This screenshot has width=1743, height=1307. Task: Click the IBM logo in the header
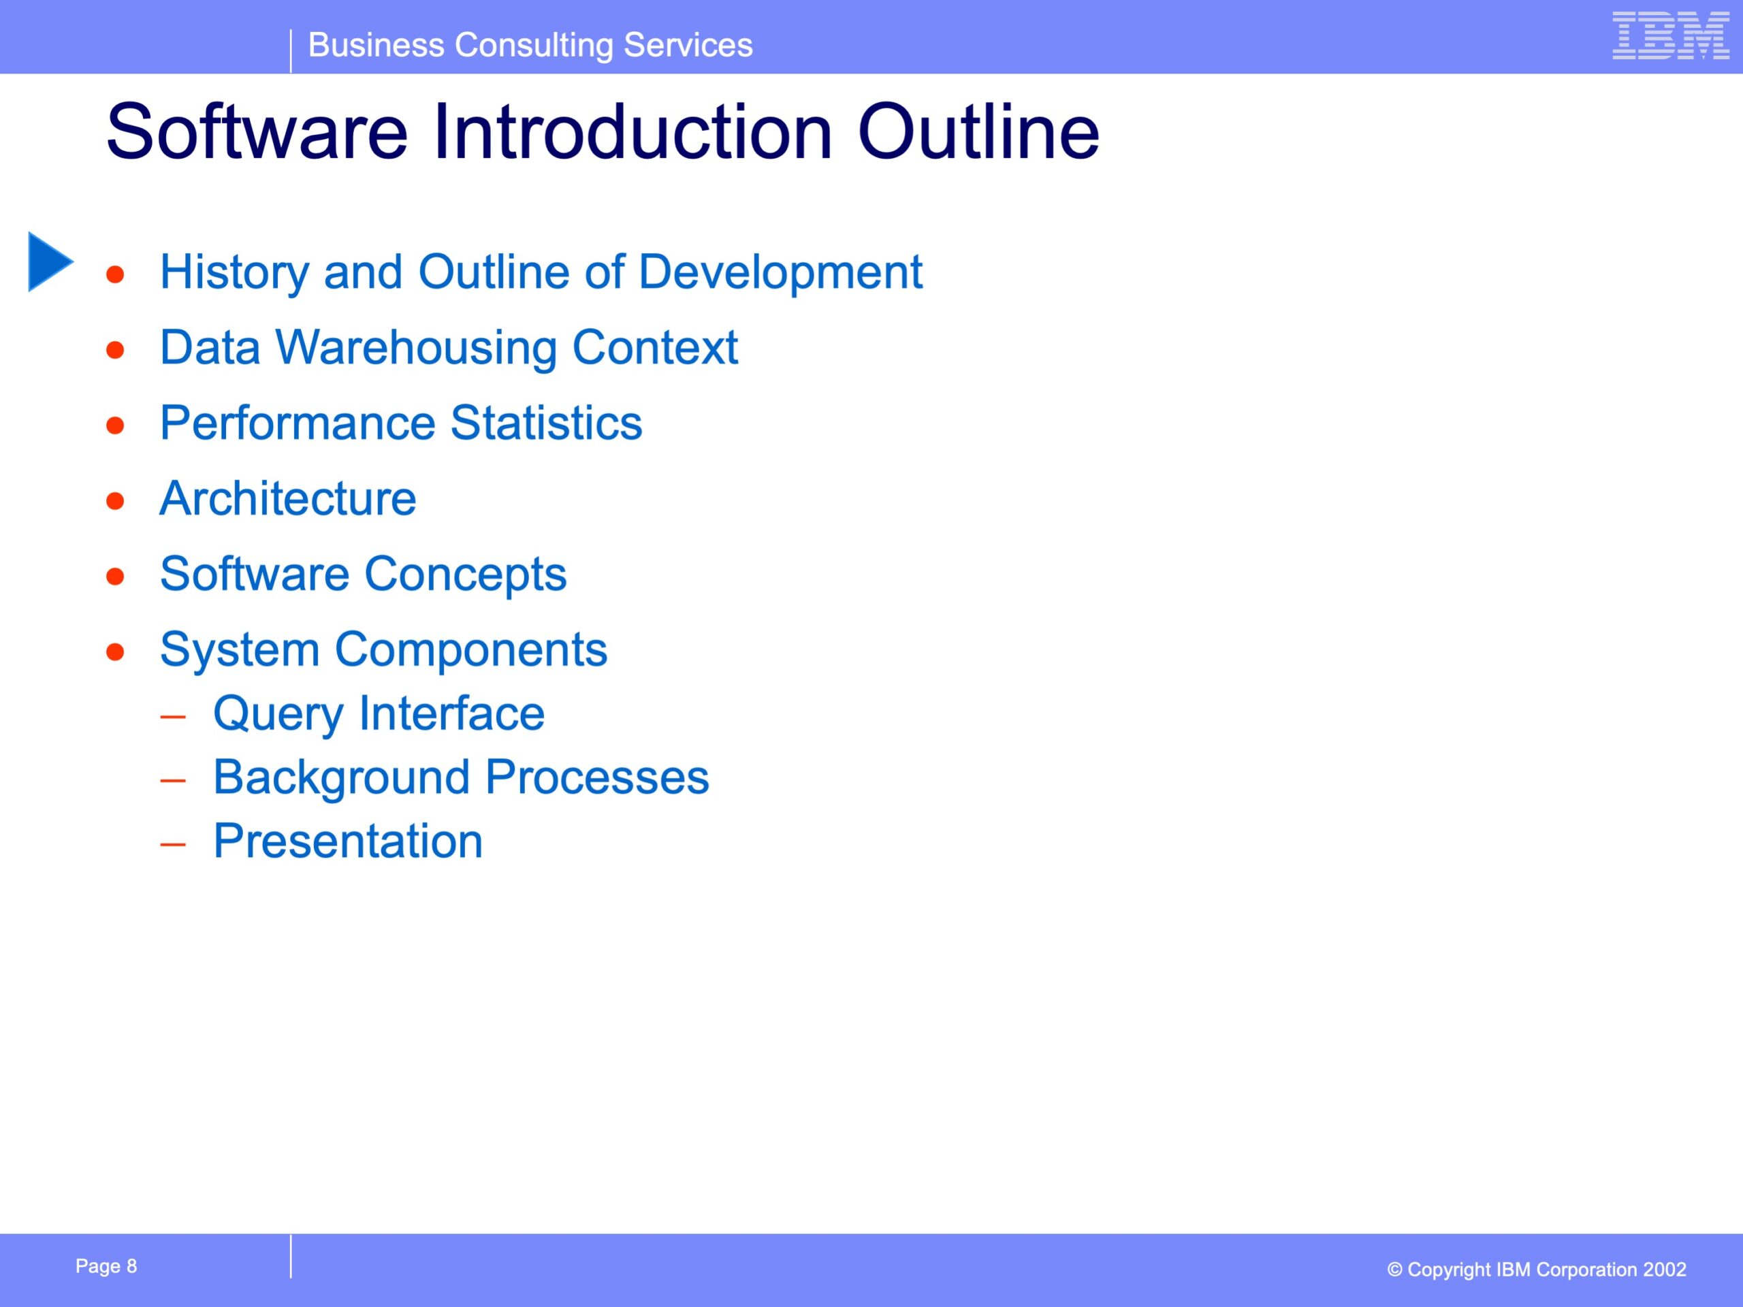pyautogui.click(x=1671, y=35)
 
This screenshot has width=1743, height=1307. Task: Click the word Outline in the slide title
pyautogui.click(x=978, y=131)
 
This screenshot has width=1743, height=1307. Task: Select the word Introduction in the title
pyautogui.click(x=632, y=131)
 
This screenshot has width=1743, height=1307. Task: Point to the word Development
pyautogui.click(x=780, y=272)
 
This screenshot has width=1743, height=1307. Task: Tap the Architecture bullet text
pyautogui.click(x=287, y=499)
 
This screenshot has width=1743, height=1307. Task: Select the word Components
pyautogui.click(x=470, y=650)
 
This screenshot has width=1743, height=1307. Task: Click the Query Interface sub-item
pyautogui.click(x=379, y=714)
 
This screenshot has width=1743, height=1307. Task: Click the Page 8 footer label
pyautogui.click(x=106, y=1266)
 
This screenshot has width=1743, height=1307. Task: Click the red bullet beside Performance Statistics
pyautogui.click(x=116, y=425)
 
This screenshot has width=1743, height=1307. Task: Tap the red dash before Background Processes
pyautogui.click(x=172, y=781)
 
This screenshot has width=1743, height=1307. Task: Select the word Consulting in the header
pyautogui.click(x=534, y=46)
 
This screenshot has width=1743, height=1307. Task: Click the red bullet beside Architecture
pyautogui.click(x=116, y=501)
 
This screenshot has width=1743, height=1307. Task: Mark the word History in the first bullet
pyautogui.click(x=234, y=272)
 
